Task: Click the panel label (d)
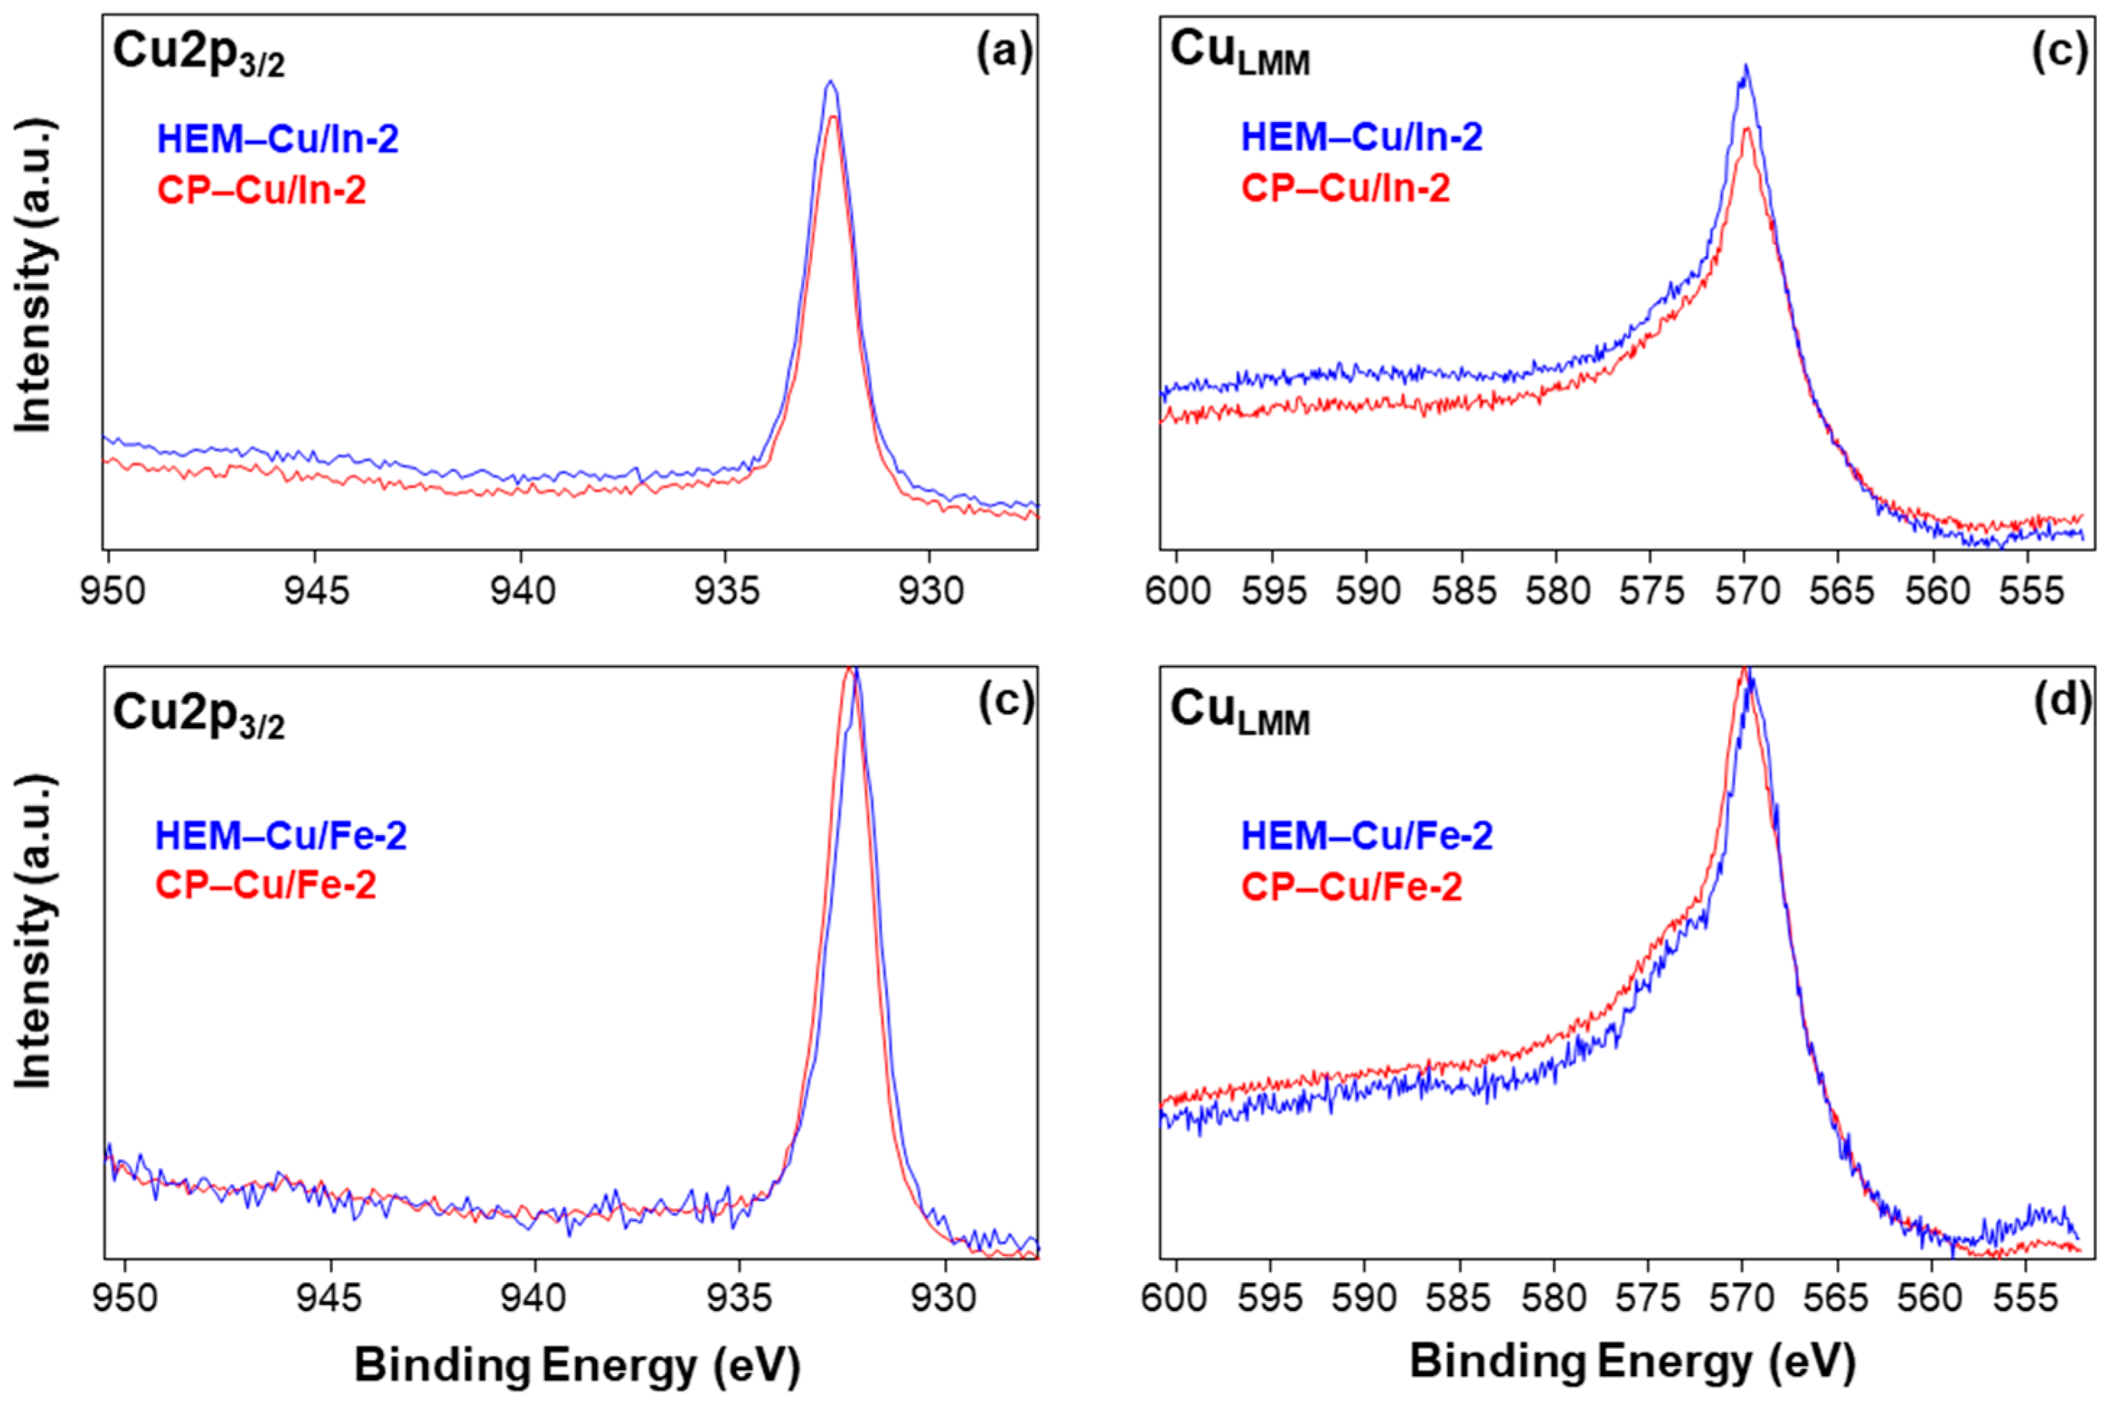coord(2062,704)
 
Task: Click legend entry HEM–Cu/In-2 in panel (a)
coord(278,139)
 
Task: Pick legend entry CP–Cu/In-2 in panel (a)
coord(261,191)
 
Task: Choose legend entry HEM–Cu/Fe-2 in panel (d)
coord(1367,836)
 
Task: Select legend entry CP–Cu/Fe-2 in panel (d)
coord(1351,887)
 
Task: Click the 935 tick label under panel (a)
coord(724,592)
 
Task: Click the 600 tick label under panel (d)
coord(1175,1297)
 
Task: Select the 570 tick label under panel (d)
coord(1742,1297)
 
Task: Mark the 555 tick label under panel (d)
coord(2026,1297)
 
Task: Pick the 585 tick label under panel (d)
coord(1459,1297)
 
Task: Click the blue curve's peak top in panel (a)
coord(830,82)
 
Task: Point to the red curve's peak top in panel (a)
coord(833,117)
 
